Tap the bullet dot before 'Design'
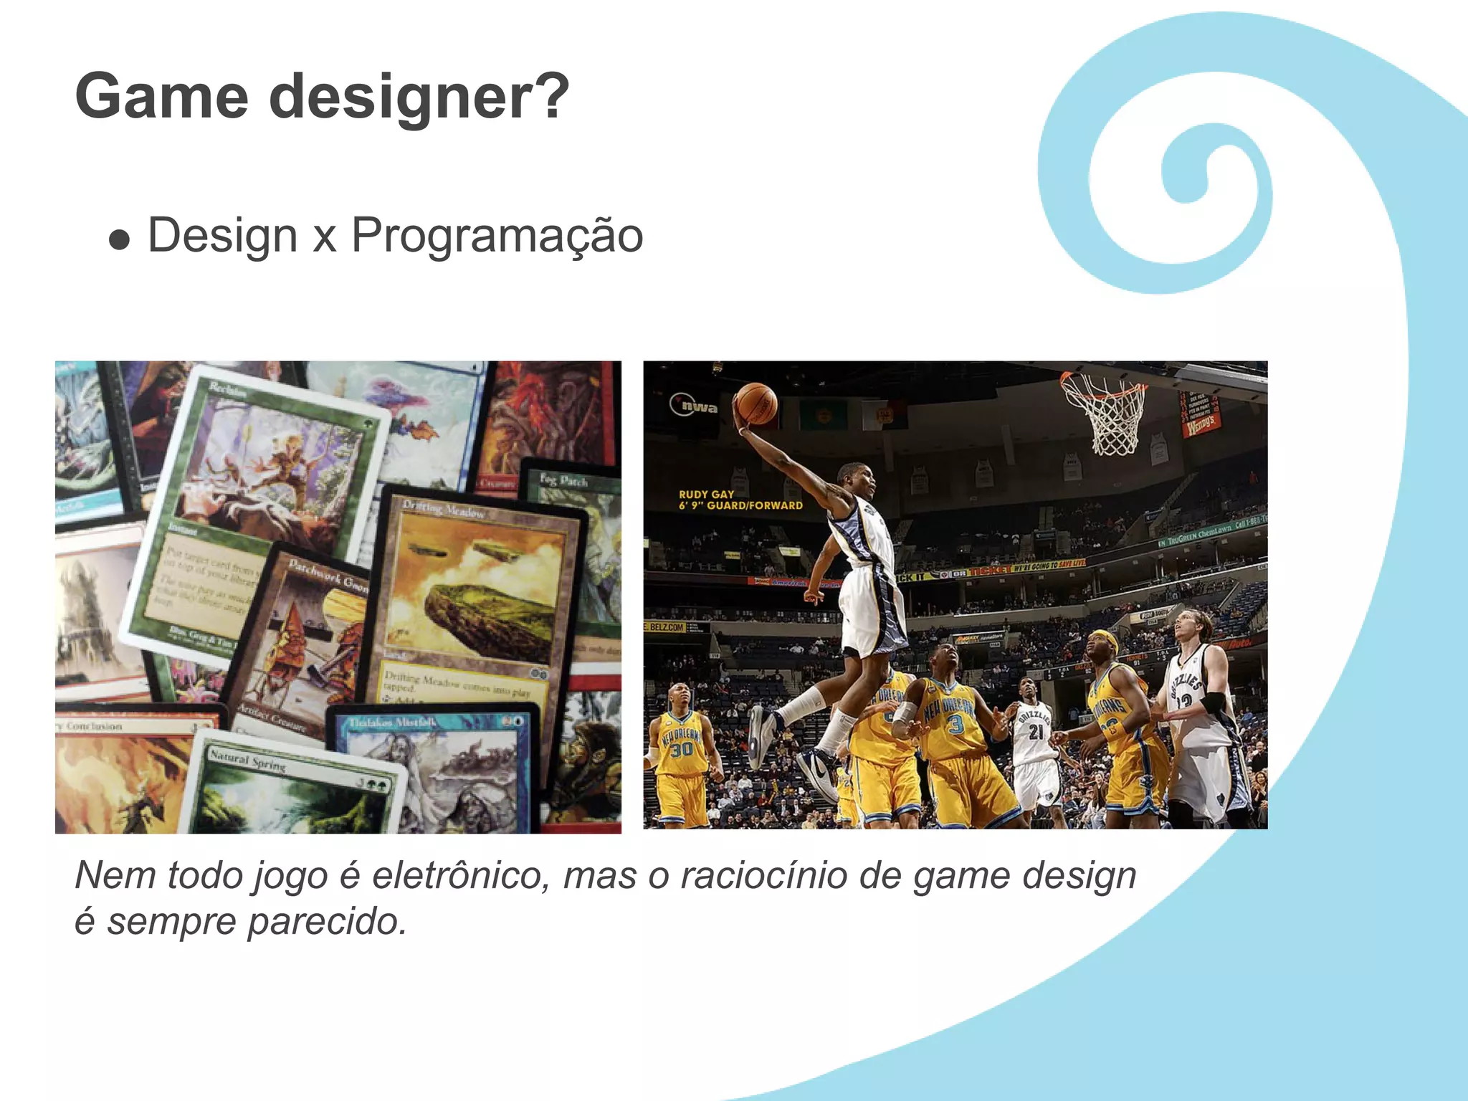120,240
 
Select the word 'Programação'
497,237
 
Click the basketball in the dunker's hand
756,404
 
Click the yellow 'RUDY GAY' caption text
707,495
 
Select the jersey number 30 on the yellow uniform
681,749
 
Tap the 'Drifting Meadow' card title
442,510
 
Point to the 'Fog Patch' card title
563,480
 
